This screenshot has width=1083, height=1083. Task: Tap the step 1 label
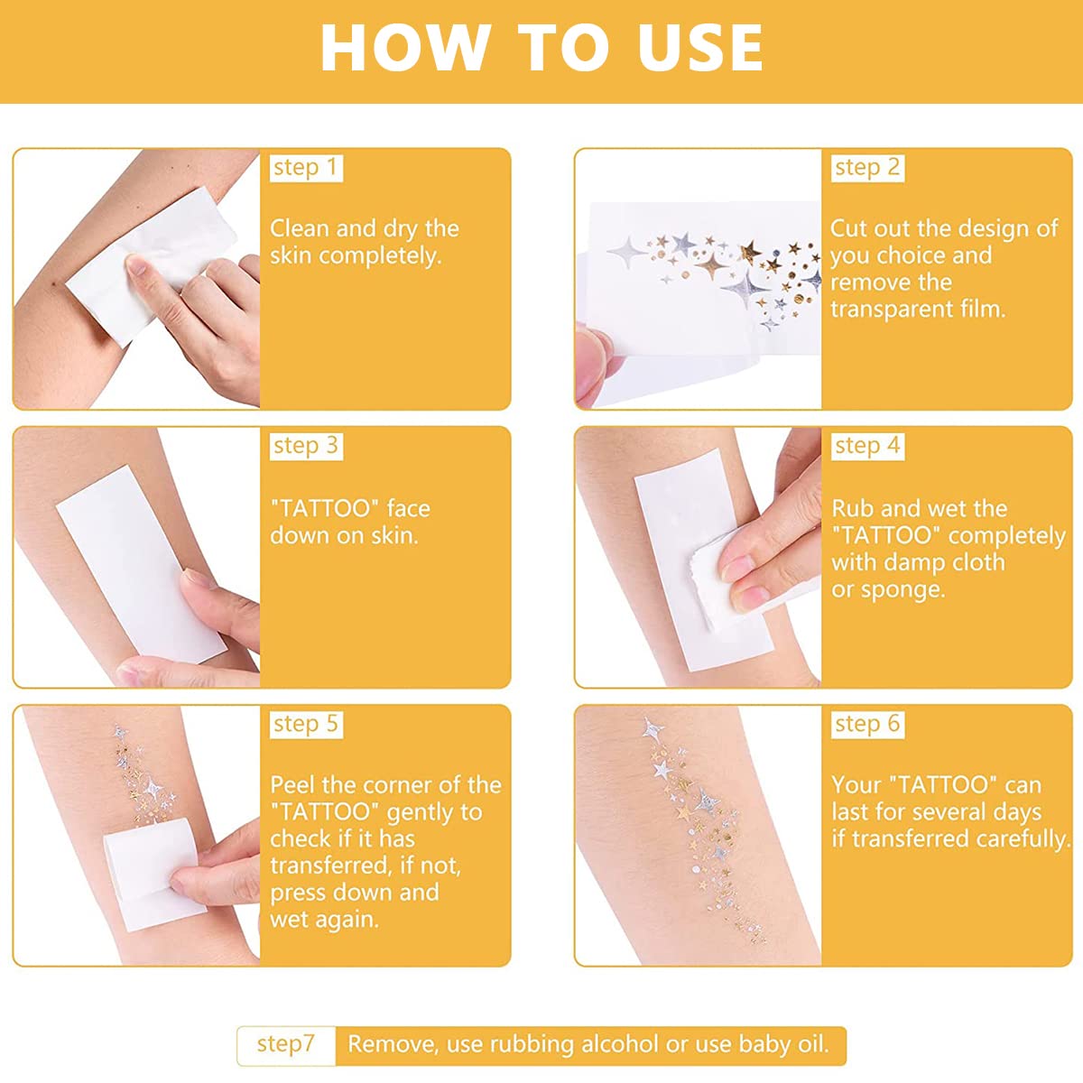pyautogui.click(x=306, y=168)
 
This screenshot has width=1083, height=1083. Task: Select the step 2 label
pyautogui.click(x=867, y=168)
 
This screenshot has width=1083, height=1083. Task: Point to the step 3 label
pyautogui.click(x=306, y=446)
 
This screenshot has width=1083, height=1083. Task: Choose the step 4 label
pyautogui.click(x=867, y=446)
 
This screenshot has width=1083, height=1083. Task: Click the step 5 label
pyautogui.click(x=306, y=725)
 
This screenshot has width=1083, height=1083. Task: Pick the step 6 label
pyautogui.click(x=867, y=725)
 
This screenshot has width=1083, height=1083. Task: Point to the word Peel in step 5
pyautogui.click(x=292, y=785)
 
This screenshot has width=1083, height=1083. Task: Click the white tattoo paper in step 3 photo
pyautogui.click(x=141, y=565)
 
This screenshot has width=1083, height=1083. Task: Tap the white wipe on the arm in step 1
pyautogui.click(x=152, y=264)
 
